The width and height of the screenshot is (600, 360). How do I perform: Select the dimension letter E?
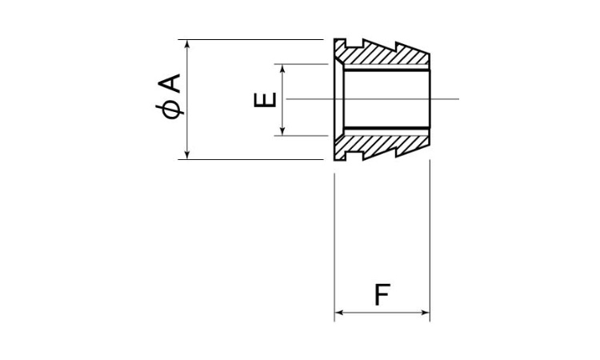(265, 100)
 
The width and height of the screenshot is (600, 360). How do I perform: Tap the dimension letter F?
(382, 294)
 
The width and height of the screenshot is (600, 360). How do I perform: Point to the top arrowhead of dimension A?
(186, 43)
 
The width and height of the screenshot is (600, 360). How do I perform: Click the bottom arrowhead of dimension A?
(186, 155)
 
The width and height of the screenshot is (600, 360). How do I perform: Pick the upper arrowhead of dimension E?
(282, 68)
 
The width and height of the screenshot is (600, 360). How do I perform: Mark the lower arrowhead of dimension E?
(282, 132)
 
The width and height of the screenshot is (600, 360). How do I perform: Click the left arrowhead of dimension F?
(338, 313)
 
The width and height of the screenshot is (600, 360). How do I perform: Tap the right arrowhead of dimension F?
(425, 313)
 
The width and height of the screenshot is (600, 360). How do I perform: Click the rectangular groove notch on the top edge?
(354, 42)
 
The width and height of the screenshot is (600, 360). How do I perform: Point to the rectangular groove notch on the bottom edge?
(354, 156)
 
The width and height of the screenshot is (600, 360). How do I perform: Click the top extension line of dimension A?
(250, 39)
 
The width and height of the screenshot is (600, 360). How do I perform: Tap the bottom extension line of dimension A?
(250, 159)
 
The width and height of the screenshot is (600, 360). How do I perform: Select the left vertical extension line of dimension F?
(335, 247)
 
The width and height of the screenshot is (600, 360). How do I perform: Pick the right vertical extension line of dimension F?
(430, 241)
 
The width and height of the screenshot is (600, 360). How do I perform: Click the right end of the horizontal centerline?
(459, 99)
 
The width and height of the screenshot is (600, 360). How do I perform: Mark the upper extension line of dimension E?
(302, 64)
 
